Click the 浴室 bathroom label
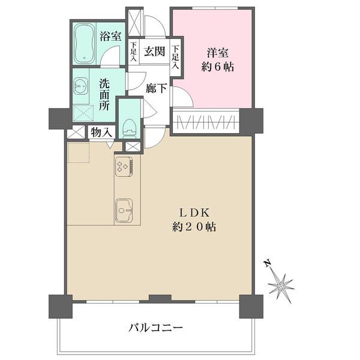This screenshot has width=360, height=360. pyautogui.click(x=109, y=35)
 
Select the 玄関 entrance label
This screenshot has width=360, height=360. pyautogui.click(x=154, y=52)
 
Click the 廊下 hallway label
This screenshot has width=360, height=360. pyautogui.click(x=156, y=88)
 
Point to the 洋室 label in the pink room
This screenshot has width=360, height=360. pyautogui.click(x=217, y=52)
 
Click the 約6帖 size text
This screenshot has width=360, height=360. pyautogui.click(x=217, y=67)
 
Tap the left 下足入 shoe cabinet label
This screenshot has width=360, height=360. pyautogui.click(x=134, y=52)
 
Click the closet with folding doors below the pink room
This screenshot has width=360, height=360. pyautogui.click(x=206, y=122)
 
